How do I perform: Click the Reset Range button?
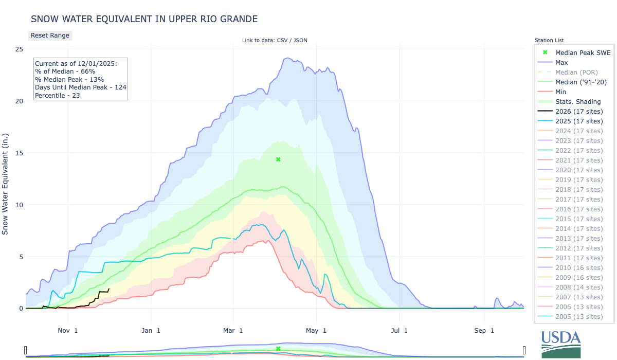(x=50, y=35)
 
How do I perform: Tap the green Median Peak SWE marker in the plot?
(x=278, y=159)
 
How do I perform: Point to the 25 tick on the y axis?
(x=19, y=49)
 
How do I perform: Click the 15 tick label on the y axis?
(x=19, y=153)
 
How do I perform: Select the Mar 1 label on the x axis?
(x=233, y=330)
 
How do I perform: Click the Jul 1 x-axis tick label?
(x=399, y=330)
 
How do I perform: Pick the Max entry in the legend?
(x=561, y=62)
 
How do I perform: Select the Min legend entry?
(x=561, y=92)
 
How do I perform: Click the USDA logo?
(x=561, y=344)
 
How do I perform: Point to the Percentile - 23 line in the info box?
(x=58, y=95)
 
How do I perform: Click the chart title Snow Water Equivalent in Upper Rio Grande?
(x=144, y=19)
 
